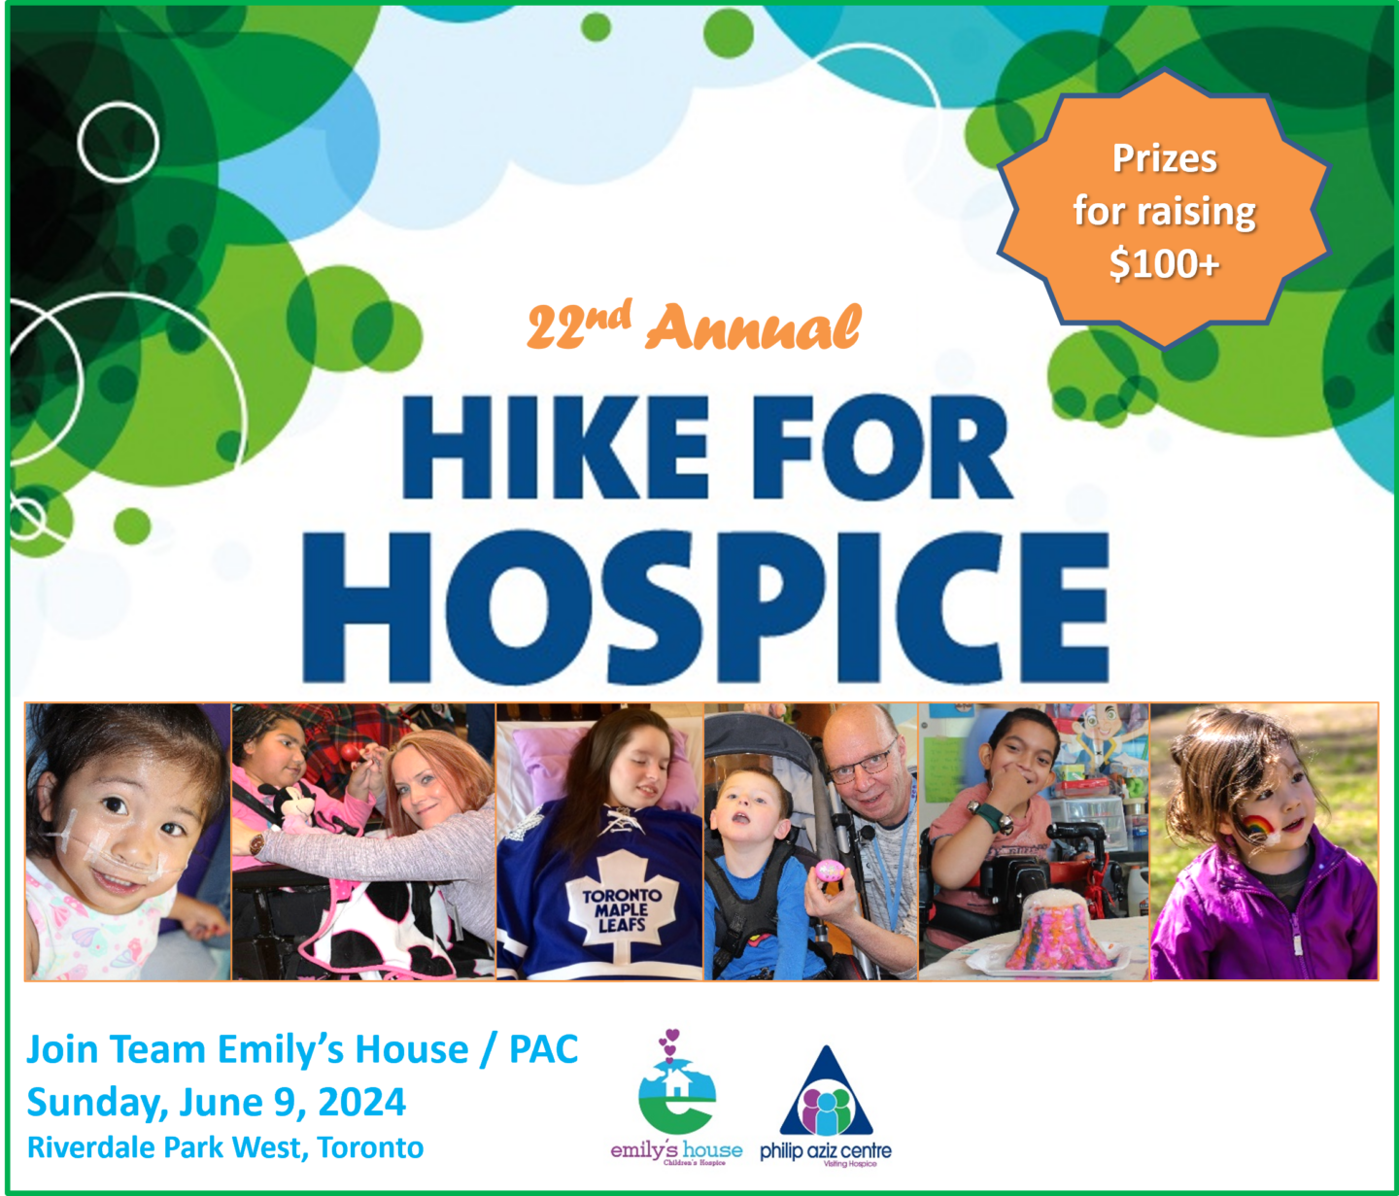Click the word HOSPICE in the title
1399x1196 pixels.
[706, 607]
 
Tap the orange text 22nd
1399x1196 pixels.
[578, 325]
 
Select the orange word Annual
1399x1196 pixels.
[754, 328]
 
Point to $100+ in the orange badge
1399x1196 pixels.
[1164, 263]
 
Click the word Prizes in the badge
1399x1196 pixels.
[1164, 158]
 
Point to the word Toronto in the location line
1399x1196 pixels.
[371, 1147]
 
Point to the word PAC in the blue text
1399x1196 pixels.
[544, 1049]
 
